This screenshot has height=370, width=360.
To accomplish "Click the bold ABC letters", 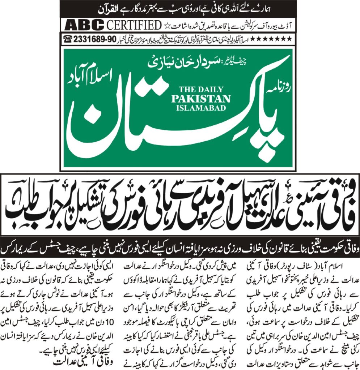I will (84, 26).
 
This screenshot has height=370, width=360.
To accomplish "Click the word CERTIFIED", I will (133, 26).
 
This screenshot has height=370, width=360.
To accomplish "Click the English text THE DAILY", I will (201, 90).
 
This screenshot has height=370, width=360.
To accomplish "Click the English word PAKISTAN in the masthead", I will (201, 99).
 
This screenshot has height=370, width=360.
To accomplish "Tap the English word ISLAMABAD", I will (201, 107).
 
